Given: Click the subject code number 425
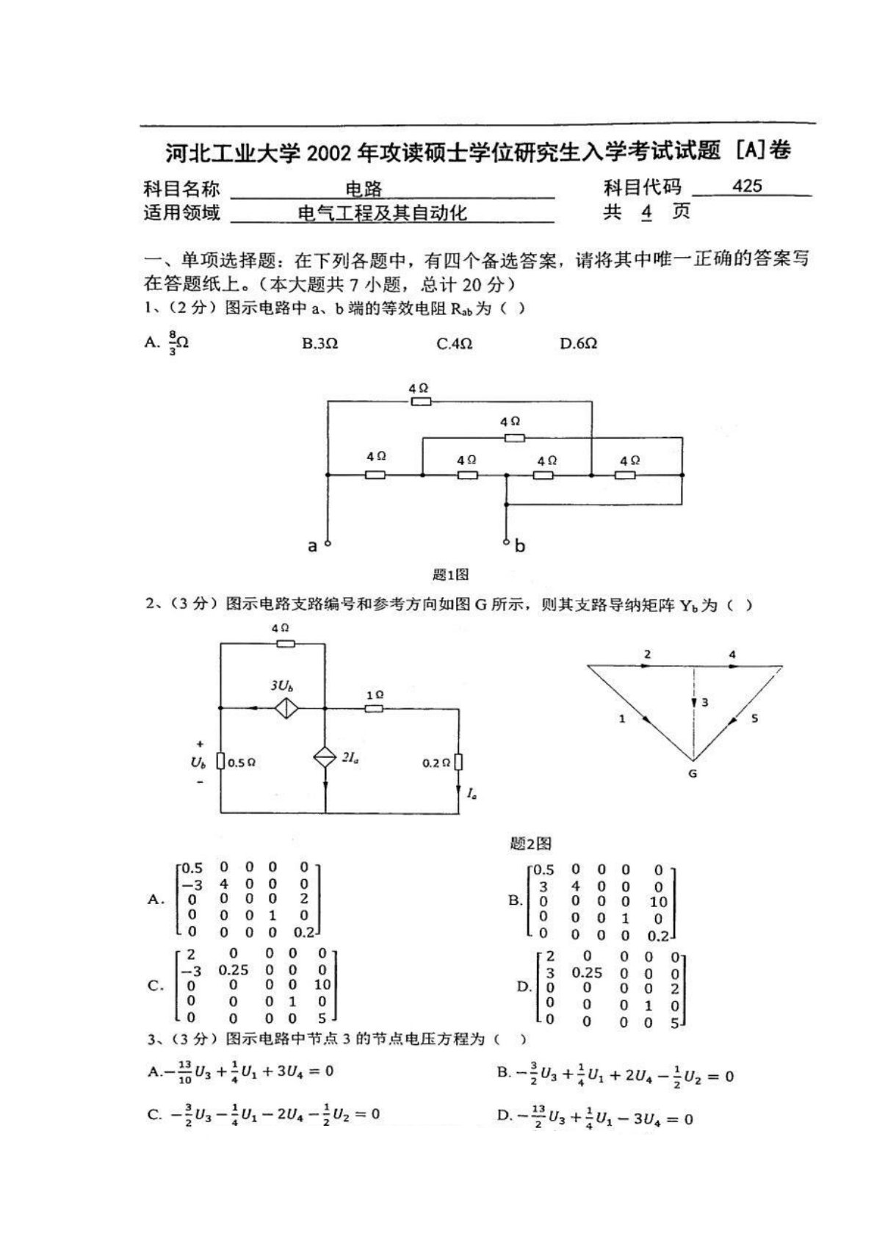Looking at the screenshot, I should (x=747, y=186).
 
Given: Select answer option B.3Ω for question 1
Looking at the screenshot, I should (x=320, y=343).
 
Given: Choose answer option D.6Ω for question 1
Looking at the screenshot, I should (x=579, y=343).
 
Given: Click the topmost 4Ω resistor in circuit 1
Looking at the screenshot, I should (x=421, y=401).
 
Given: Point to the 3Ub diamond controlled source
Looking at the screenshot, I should (x=286, y=708).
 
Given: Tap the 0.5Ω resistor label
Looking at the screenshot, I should (x=241, y=763).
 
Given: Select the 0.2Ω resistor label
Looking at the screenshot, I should (x=436, y=763).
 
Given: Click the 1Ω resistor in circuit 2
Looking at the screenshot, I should (x=375, y=708).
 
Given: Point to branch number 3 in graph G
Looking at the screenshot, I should (x=704, y=703).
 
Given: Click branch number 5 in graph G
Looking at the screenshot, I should (x=754, y=718).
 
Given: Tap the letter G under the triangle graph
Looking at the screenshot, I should (x=693, y=773).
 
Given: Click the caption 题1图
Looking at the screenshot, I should (x=451, y=574).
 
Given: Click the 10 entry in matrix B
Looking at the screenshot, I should (x=658, y=902).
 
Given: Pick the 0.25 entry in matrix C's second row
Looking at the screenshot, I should (x=234, y=970).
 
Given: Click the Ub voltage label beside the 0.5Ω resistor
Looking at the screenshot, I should (x=198, y=762).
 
